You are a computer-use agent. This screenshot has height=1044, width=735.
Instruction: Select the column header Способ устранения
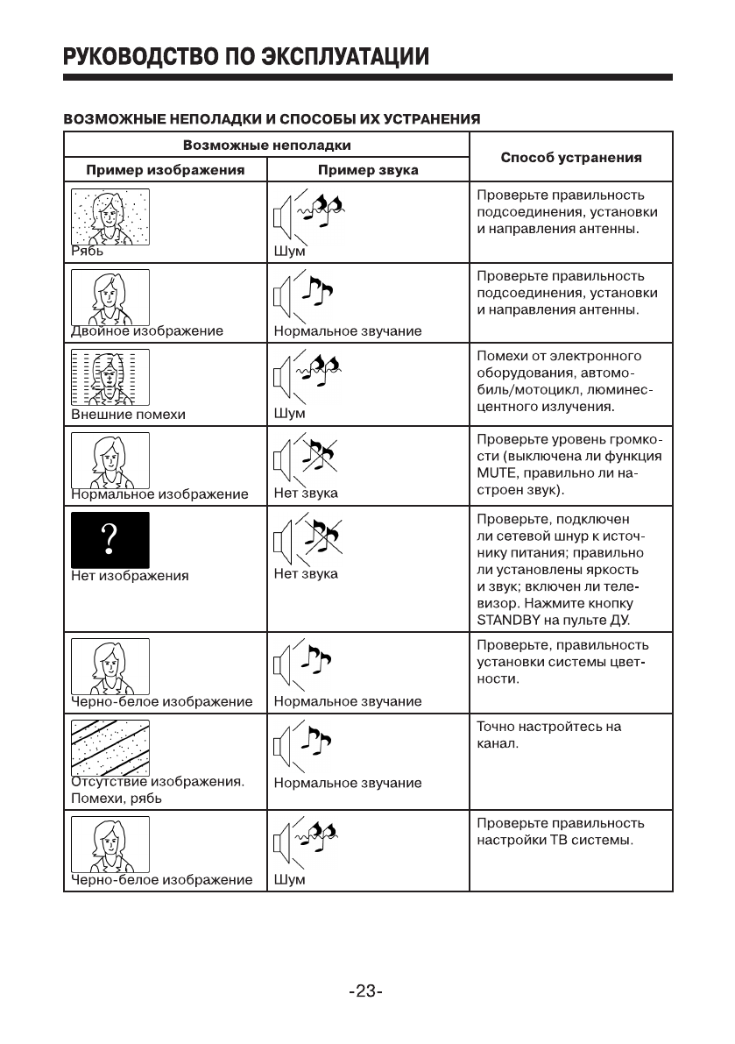(570, 158)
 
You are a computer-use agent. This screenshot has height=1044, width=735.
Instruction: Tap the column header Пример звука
(368, 169)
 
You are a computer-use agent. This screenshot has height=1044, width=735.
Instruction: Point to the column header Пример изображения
(165, 169)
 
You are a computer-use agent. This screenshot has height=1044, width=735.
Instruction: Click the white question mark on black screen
(110, 539)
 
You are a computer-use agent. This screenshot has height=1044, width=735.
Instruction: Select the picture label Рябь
(87, 251)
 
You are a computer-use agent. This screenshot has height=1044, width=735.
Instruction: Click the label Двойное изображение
(147, 331)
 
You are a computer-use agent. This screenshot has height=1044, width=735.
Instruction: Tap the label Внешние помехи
(128, 414)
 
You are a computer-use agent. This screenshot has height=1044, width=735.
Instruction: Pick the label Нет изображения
(130, 576)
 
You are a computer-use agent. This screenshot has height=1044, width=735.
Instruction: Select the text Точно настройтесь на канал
(548, 735)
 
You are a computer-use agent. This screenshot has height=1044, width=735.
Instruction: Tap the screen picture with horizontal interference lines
(110, 375)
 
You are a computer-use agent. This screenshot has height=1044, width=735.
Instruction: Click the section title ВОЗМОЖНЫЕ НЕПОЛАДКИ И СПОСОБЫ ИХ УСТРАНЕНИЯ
(272, 117)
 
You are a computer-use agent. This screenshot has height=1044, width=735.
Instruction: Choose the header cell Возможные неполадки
(267, 145)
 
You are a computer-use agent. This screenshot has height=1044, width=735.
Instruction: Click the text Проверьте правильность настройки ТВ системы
(561, 832)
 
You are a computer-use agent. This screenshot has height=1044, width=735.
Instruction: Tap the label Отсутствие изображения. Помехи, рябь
(156, 790)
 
